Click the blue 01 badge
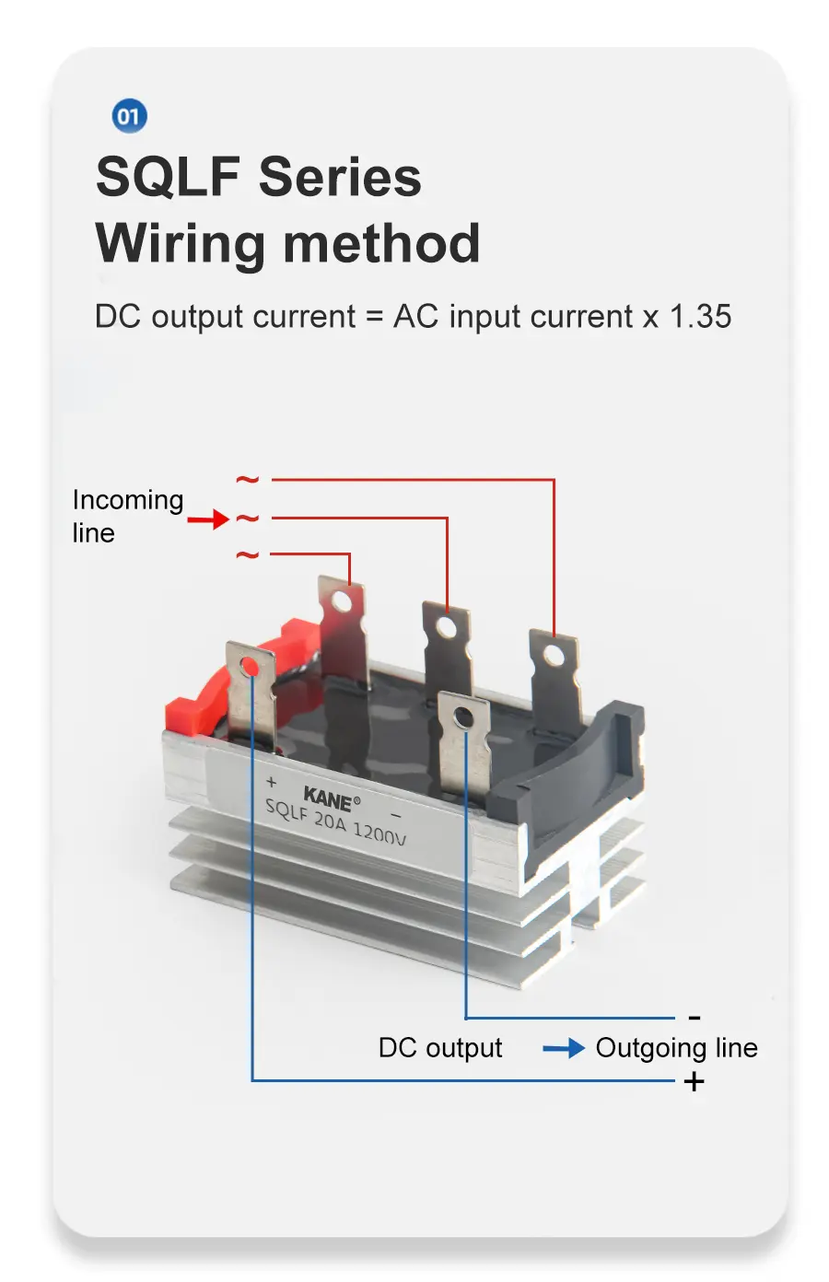129,116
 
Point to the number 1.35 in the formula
700,317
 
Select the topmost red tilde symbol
247,480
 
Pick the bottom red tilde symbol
247,554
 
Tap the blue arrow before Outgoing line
563,1048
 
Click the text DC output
440,1048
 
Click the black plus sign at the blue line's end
695,1081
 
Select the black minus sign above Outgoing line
695,1018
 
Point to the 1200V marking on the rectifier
379,833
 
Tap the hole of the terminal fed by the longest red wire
554,655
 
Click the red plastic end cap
198,708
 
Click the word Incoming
128,500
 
